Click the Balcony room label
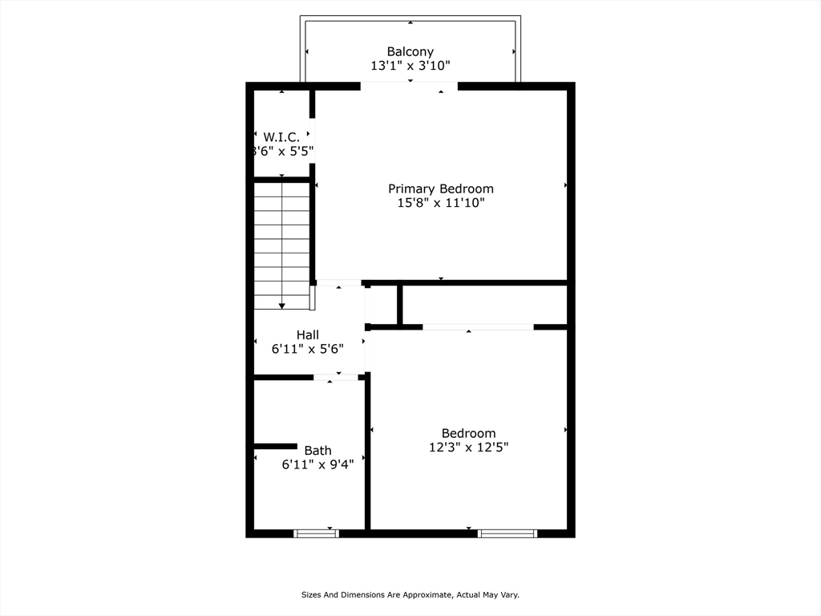click(410, 51)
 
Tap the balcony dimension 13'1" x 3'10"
click(410, 66)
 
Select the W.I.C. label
click(281, 137)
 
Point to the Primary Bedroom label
click(441, 188)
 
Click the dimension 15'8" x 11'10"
click(441, 203)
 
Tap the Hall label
click(308, 334)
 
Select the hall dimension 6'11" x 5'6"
click(308, 349)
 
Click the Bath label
click(317, 451)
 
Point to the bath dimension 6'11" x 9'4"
click(317, 464)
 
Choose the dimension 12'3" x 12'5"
click(468, 447)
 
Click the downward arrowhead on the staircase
click(281, 306)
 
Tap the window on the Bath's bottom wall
click(316, 533)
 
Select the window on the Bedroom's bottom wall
click(508, 533)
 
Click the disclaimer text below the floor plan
click(410, 594)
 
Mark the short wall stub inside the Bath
click(276, 446)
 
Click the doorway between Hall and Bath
click(336, 377)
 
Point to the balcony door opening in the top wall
click(409, 86)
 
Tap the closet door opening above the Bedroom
click(478, 327)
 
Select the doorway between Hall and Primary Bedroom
click(339, 283)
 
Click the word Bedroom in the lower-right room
click(468, 433)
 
